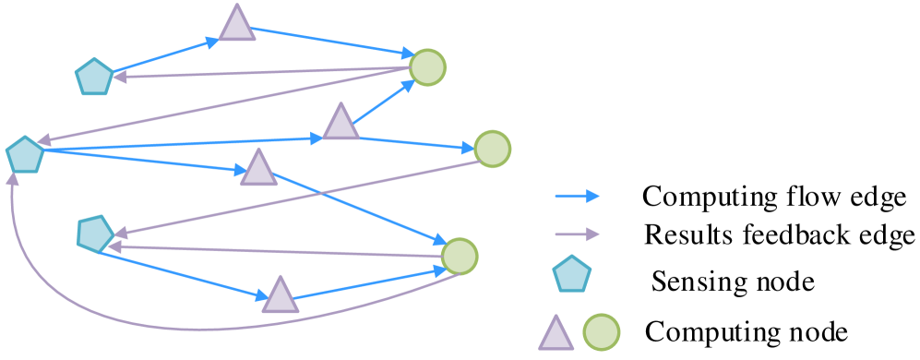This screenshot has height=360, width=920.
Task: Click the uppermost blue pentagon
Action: (x=94, y=77)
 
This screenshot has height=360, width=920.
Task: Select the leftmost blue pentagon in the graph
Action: (x=25, y=154)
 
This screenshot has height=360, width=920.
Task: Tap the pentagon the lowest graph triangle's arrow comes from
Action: (x=95, y=234)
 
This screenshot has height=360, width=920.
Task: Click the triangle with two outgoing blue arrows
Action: (x=341, y=123)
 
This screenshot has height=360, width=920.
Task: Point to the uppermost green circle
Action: (x=427, y=67)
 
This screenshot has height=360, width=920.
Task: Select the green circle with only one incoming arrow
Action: (x=492, y=149)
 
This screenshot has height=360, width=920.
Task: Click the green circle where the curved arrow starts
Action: (x=459, y=257)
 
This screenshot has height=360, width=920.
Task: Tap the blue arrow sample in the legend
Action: (x=576, y=196)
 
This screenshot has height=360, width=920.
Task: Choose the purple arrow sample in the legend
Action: (x=576, y=234)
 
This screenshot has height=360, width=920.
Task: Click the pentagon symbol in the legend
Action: (x=572, y=274)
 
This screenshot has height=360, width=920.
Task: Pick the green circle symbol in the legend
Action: (x=602, y=332)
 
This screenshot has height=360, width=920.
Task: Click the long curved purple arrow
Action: (x=185, y=329)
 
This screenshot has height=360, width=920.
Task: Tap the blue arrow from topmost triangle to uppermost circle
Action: (x=332, y=42)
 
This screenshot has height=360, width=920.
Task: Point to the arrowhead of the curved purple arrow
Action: (x=12, y=177)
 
